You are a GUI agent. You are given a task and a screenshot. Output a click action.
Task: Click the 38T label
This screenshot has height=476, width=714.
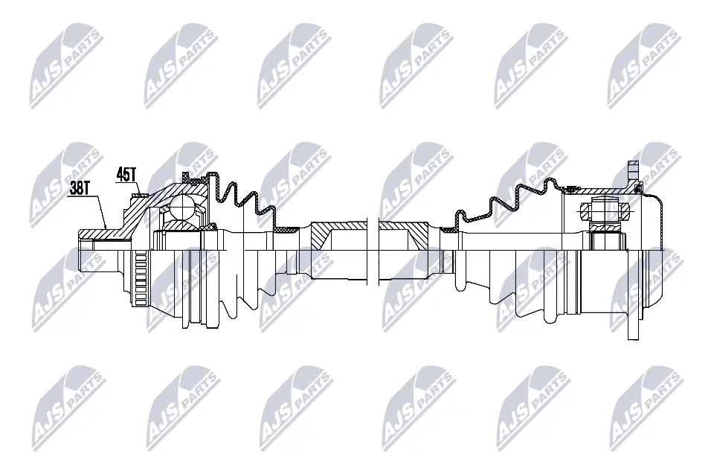pos(79,189)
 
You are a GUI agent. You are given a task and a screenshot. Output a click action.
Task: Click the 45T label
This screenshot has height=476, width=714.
pos(126,175)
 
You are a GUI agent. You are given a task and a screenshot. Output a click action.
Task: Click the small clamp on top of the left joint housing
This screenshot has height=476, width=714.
pos(195,179)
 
